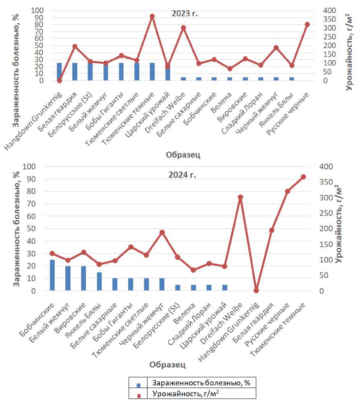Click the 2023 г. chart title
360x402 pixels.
[x=185, y=14]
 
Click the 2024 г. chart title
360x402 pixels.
[x=182, y=175]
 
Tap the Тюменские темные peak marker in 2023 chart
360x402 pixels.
[x=152, y=16]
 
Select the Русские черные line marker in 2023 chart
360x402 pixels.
[x=307, y=25]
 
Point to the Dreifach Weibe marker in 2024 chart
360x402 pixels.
[x=240, y=197]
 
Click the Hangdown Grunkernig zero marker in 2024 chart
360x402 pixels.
[x=256, y=291]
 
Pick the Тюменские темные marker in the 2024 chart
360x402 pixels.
[x=303, y=177]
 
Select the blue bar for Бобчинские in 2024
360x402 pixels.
[x=52, y=275]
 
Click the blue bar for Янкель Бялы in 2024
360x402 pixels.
[x=99, y=281]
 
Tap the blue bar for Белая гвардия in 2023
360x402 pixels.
[x=75, y=72]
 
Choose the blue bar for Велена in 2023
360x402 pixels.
[x=230, y=79]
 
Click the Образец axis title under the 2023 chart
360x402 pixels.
[x=183, y=155]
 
